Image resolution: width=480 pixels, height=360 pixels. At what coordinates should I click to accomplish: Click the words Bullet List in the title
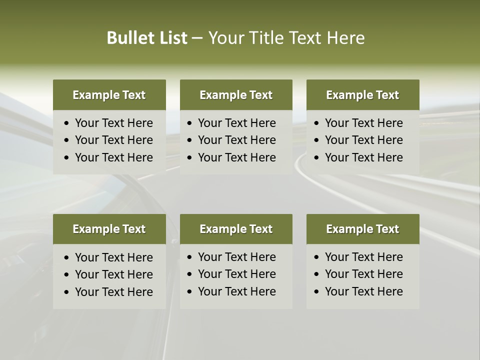[147, 38]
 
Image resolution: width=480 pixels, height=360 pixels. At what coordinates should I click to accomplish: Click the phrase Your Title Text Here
[286, 38]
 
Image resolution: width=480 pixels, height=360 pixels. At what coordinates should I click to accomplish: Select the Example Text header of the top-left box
[109, 95]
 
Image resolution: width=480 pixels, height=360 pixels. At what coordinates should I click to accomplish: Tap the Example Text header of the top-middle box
[236, 95]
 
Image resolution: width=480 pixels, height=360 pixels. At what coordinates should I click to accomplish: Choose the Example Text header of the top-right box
[362, 95]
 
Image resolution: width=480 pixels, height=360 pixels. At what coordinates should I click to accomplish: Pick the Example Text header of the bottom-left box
[109, 229]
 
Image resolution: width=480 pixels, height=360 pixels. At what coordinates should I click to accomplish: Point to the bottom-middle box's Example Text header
[236, 229]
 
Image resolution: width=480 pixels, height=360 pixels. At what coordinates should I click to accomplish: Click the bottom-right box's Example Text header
[362, 229]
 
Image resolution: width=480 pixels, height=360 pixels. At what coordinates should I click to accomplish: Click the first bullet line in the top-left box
[113, 123]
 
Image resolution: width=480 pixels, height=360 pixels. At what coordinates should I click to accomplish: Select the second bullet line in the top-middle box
[236, 140]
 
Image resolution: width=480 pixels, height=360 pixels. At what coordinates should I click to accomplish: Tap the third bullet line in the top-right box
[363, 157]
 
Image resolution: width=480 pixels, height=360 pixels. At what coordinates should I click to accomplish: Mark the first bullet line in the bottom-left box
[113, 257]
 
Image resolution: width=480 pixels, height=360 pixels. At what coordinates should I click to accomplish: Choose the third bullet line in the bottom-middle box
[236, 291]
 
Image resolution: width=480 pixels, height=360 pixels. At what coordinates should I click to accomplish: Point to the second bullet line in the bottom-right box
[363, 274]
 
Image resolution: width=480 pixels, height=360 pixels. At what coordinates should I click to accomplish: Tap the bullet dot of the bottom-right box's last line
[317, 292]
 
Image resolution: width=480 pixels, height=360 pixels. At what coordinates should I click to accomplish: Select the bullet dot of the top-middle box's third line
[190, 158]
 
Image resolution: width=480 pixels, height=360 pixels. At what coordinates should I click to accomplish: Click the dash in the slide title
[197, 38]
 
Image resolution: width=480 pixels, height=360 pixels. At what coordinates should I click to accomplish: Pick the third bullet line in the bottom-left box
[113, 292]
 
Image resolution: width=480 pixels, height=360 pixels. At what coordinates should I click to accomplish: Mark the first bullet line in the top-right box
[363, 123]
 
